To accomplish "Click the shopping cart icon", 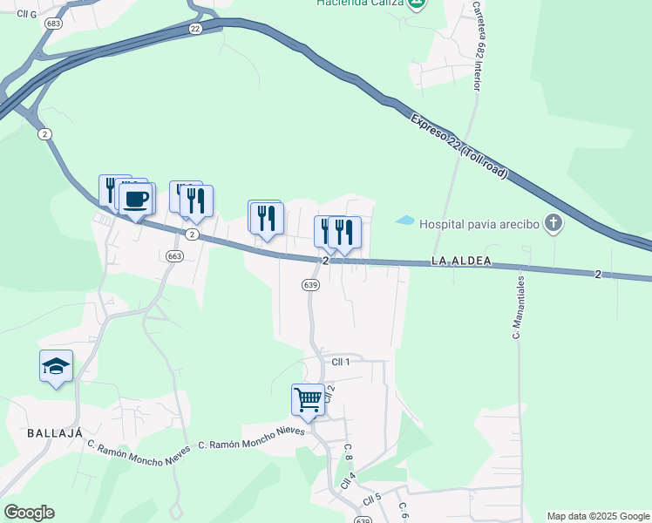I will [x=308, y=400].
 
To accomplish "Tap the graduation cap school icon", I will [x=56, y=366].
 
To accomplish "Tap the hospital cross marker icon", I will [x=553, y=224].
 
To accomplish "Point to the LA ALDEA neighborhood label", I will [x=461, y=261].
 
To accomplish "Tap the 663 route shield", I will [x=175, y=255].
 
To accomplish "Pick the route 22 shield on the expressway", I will [x=195, y=29].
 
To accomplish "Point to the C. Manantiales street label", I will [x=519, y=307].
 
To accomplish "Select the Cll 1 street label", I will [x=341, y=362].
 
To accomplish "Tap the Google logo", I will [x=29, y=513].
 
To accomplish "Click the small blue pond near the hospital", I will [x=405, y=221].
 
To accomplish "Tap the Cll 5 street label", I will [x=373, y=499].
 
